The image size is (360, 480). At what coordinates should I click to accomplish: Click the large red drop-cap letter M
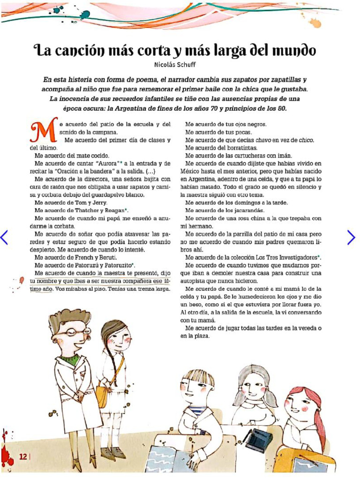click(x=41, y=130)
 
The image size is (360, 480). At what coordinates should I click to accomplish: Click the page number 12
click(x=22, y=457)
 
